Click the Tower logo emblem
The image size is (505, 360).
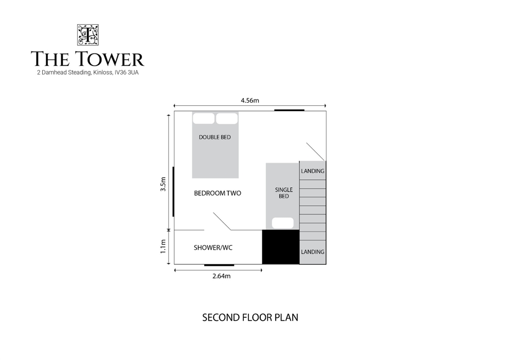coord(87,35)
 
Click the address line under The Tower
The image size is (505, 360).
coord(88,73)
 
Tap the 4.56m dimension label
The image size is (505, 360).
coord(250,100)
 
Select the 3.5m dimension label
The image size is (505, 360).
coord(164,184)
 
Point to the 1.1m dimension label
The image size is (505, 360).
coord(164,246)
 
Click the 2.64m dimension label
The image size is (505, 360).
coord(222,276)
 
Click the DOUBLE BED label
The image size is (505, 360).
coord(215,137)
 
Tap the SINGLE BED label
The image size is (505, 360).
coord(284,193)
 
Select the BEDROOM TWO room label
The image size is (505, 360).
coord(218,193)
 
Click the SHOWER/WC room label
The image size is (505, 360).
coord(213,247)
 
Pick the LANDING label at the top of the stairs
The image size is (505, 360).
coord(313,171)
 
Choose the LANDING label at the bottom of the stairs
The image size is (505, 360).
coord(313,252)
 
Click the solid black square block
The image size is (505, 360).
coord(281,247)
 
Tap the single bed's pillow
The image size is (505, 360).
coord(283,223)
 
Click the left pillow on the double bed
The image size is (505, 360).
coord(204,118)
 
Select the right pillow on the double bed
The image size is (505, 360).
coord(227,118)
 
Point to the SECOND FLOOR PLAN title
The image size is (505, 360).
coord(250,317)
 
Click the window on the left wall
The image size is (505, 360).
coord(174,192)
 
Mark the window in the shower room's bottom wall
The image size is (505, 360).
coord(219,265)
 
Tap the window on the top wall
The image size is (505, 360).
coord(289,110)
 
